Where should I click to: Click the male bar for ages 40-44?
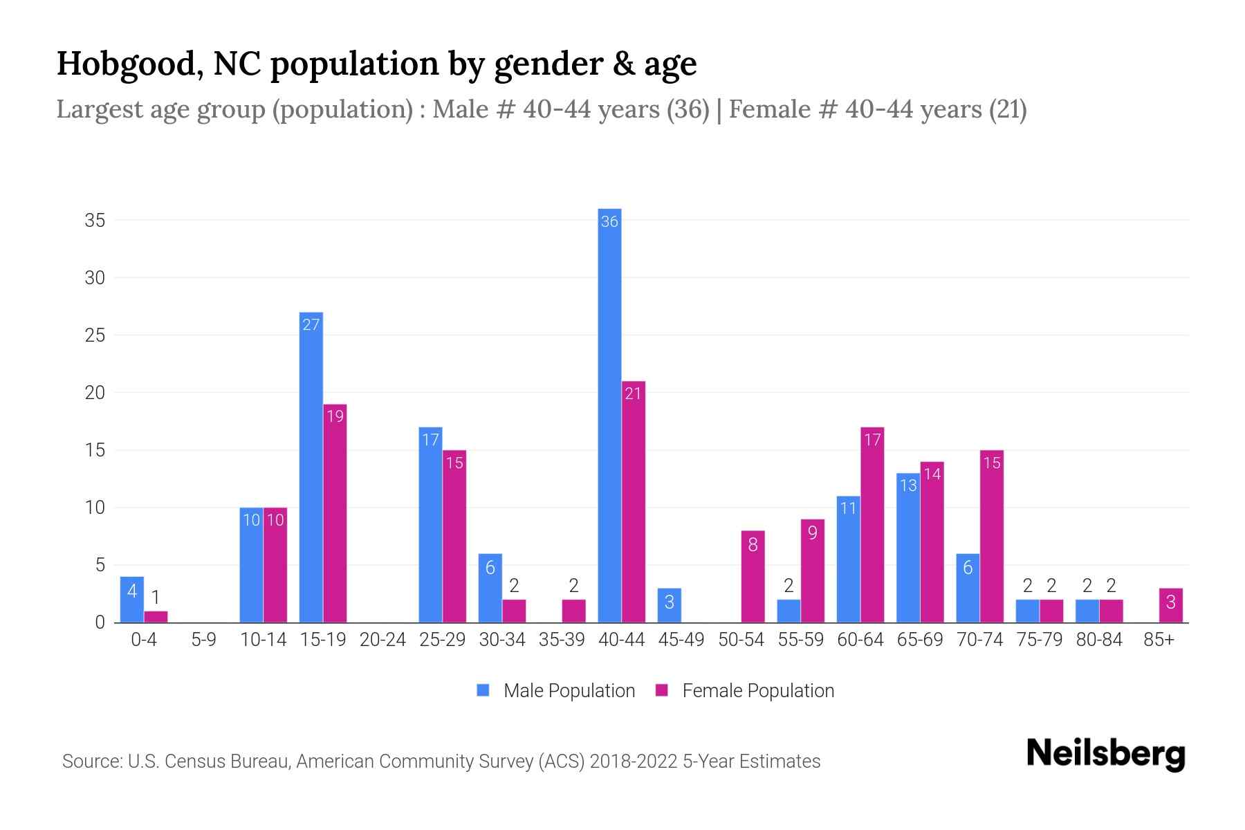609,415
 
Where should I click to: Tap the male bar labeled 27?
311,468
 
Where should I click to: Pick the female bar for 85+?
1170,605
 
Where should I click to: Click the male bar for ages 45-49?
669,605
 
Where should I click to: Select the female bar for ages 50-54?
753,576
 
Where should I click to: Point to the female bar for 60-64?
872,525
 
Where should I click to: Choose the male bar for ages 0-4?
132,600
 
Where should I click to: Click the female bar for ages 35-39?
573,611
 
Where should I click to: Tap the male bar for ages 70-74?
968,588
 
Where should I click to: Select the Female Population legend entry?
745,690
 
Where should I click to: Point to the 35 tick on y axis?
95,221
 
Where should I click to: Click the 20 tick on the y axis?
95,393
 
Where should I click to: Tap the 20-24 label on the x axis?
382,640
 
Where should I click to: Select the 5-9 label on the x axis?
203,640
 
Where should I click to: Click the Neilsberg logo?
1105,754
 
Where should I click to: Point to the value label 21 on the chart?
633,394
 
